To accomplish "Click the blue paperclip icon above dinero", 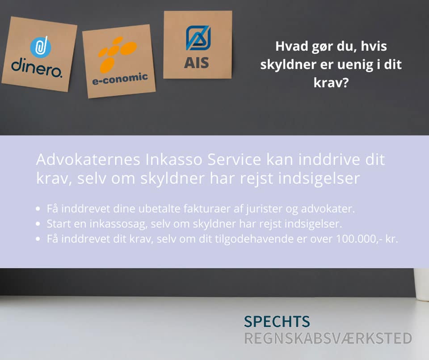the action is (41, 47).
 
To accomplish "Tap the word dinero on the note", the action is (37, 68).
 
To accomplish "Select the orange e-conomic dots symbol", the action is (118, 54).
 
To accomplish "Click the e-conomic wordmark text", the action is (120, 79).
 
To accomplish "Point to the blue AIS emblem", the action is (198, 38).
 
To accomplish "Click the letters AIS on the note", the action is (197, 63).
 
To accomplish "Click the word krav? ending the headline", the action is (331, 83).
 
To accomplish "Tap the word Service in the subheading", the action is (234, 159).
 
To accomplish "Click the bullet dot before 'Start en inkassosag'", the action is (38, 224).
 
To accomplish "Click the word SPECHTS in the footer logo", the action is (277, 322).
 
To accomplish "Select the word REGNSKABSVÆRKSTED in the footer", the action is (328, 339).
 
